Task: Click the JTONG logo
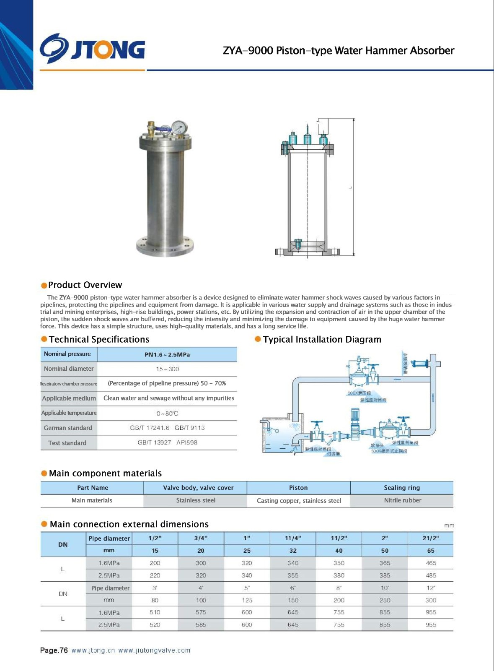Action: [93, 49]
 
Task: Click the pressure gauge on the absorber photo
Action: [179, 127]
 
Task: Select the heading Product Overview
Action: [85, 285]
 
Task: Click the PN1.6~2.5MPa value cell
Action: [167, 355]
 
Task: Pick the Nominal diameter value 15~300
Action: [167, 369]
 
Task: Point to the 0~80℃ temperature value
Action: [167, 414]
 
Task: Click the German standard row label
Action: [68, 428]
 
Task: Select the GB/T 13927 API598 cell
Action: [167, 442]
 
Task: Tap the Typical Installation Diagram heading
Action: [322, 340]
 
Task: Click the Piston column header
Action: [298, 488]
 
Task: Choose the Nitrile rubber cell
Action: [402, 500]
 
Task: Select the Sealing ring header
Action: [402, 488]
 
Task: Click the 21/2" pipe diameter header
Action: [431, 538]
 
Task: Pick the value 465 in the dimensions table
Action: [431, 563]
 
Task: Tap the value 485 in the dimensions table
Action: [431, 576]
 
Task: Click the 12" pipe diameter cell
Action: [431, 588]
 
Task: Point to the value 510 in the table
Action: [155, 613]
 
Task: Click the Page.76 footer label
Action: [54, 650]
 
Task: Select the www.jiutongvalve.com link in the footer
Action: [154, 650]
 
